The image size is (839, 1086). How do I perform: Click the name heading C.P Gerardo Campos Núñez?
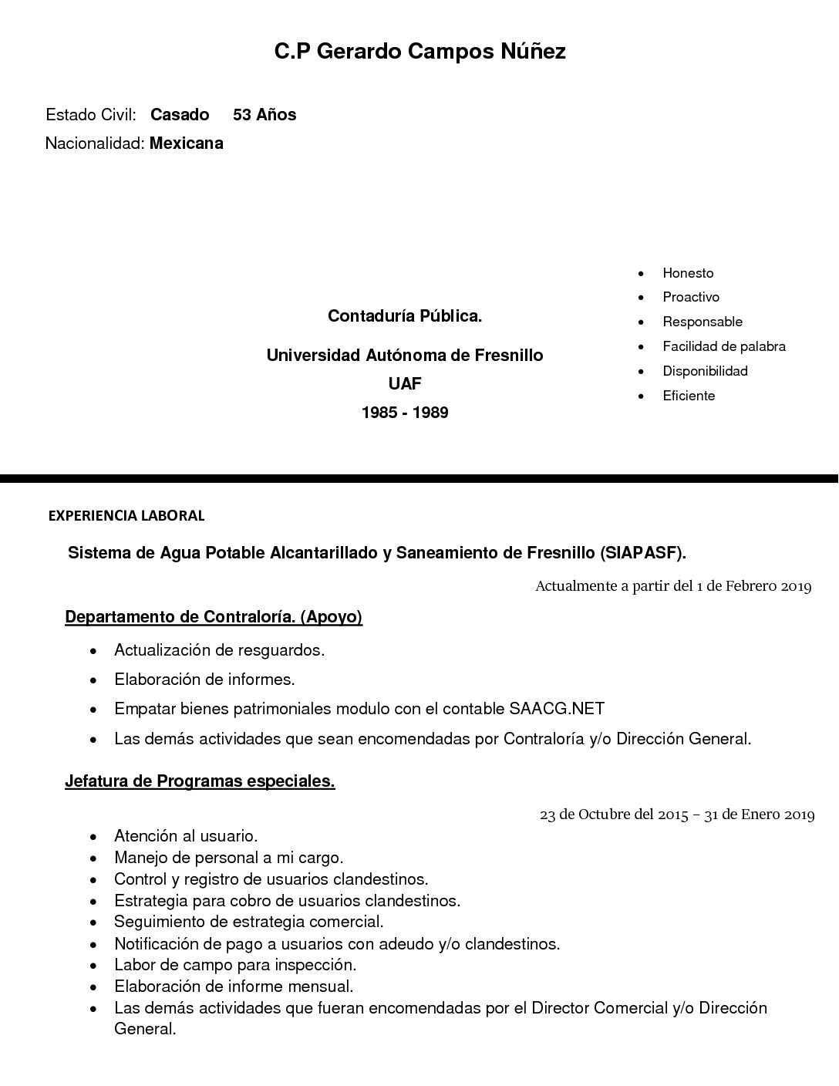[419, 52]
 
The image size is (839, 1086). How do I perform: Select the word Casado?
[180, 115]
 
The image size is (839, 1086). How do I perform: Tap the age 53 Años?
[265, 115]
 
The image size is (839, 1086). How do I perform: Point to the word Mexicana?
[187, 143]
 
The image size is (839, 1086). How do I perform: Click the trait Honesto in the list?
[688, 273]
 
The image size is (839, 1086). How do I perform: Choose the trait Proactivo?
[691, 297]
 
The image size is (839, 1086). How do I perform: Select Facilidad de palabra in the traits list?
[724, 346]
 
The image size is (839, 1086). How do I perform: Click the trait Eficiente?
[689, 396]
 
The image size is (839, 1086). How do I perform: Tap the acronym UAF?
[405, 383]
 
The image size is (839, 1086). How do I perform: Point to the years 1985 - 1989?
[405, 413]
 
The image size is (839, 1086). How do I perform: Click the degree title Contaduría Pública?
[405, 315]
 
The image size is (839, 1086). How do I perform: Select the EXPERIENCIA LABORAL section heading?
[126, 516]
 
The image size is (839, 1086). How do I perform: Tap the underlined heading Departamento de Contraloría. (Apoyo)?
[214, 617]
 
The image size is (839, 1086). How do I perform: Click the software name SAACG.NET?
[557, 709]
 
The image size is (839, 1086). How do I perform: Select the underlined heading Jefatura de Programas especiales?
[200, 781]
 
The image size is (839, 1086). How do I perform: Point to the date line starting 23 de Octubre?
[677, 814]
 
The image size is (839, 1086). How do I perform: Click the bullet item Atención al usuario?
[186, 835]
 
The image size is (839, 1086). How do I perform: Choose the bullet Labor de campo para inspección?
[235, 965]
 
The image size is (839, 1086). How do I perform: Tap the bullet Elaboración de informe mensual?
[234, 987]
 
